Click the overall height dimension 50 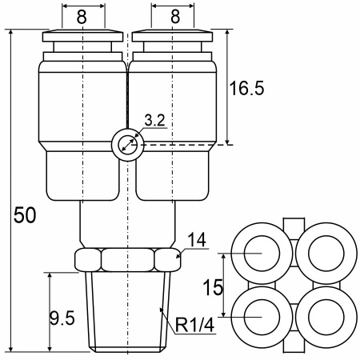[25, 215]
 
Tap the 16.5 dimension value [246, 88]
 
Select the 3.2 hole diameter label [154, 120]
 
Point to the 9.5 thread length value [62, 318]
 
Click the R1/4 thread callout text [194, 325]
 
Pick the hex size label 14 [197, 240]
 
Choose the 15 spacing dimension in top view [213, 287]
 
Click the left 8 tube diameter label [82, 17]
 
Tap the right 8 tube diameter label [175, 17]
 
